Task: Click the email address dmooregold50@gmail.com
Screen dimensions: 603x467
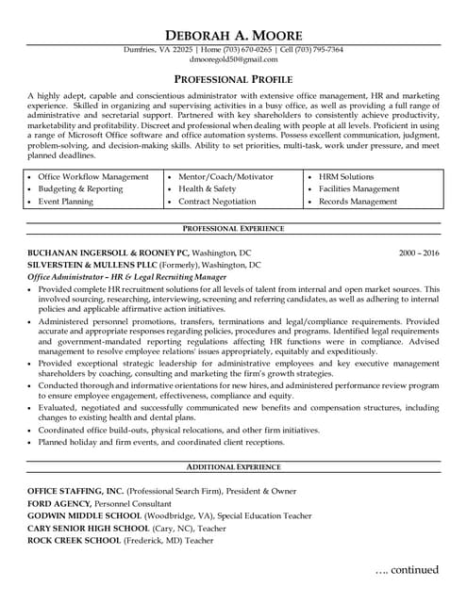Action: pos(233,59)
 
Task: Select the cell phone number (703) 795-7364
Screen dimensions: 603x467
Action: pos(319,49)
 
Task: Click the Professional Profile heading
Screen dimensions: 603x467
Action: pos(233,79)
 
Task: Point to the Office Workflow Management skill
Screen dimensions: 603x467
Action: pos(92,176)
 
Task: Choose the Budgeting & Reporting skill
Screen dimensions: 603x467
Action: pos(80,188)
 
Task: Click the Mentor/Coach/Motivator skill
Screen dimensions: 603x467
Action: pos(225,176)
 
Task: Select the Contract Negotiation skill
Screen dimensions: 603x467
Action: pos(217,202)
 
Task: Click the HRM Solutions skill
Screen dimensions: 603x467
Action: pos(345,176)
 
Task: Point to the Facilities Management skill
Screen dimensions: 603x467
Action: pos(359,188)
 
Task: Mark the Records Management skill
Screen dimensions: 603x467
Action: pos(358,202)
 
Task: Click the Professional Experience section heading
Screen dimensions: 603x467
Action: pos(233,229)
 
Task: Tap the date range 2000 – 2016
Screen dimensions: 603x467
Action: pos(419,253)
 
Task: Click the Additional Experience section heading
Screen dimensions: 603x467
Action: pos(233,467)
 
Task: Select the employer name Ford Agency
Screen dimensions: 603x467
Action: pos(58,504)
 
